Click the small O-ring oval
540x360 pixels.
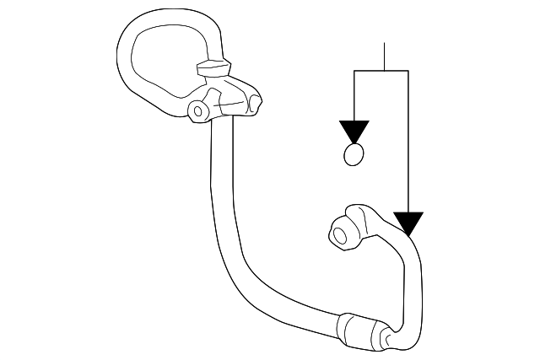pyautogui.click(x=354, y=155)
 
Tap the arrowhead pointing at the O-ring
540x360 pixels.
pyautogui.click(x=354, y=132)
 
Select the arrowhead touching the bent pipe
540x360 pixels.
pyautogui.click(x=408, y=223)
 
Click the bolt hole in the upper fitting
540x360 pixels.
pyautogui.click(x=198, y=110)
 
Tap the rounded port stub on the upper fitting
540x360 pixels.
pyautogui.click(x=255, y=103)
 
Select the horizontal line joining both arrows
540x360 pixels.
pyautogui.click(x=381, y=72)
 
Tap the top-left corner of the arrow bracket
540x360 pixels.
pyautogui.click(x=354, y=72)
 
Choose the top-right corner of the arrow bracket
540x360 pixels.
pyautogui.click(x=408, y=72)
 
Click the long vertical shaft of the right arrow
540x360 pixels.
pyautogui.click(x=408, y=143)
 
